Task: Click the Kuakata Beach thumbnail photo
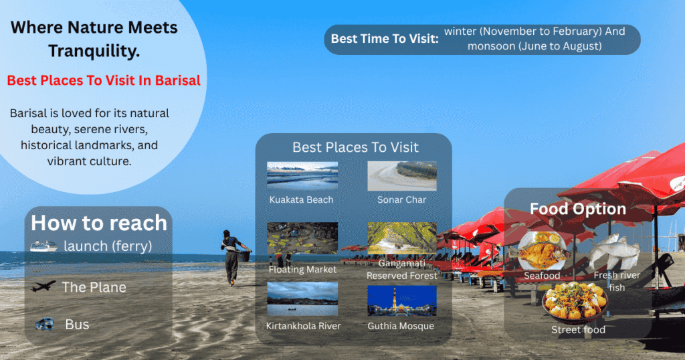coord(302,176)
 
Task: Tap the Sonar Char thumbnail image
coord(401,176)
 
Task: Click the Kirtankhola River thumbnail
coord(302,299)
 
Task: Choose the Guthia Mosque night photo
coord(401,300)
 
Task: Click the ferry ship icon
coord(43,246)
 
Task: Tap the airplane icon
coord(43,286)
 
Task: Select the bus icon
coord(45,325)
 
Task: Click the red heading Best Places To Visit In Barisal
coord(104,80)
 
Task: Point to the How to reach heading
coord(99,222)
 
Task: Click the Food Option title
coord(578,209)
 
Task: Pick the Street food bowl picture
coord(575,302)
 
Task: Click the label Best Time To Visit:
coord(385,39)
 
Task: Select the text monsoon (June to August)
coord(534,46)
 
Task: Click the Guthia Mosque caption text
coord(401,326)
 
